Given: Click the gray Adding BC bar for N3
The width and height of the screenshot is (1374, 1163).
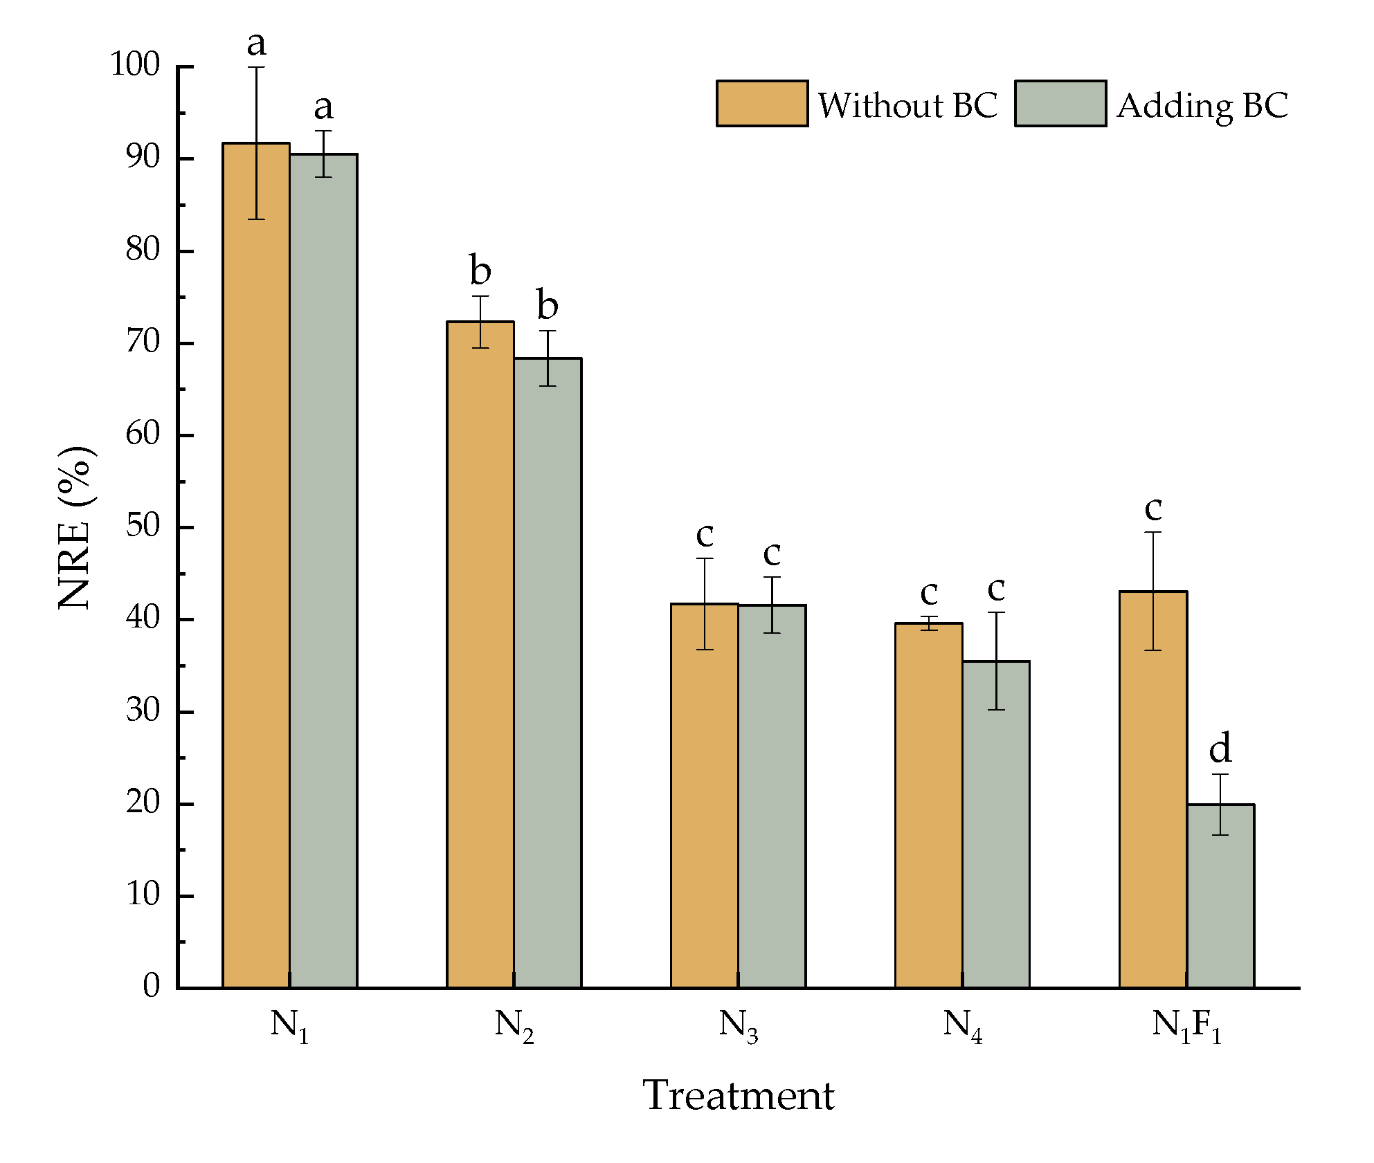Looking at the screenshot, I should (x=772, y=796).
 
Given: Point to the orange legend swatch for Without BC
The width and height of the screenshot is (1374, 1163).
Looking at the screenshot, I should (x=761, y=104).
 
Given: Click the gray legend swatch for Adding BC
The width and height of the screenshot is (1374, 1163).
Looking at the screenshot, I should (x=1060, y=104).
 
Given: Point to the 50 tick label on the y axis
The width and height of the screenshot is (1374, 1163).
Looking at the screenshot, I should (x=143, y=526).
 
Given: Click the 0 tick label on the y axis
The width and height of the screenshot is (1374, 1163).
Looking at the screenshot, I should (x=151, y=985).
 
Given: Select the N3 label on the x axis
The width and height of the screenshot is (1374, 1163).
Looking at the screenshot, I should (x=739, y=1025).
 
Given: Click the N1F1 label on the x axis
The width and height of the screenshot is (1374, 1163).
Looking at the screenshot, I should (x=1186, y=1025).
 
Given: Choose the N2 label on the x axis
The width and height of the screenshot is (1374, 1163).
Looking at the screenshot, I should (x=514, y=1025).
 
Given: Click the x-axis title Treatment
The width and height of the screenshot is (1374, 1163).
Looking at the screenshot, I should (x=739, y=1095).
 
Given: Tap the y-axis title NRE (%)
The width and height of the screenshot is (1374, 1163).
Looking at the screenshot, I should (x=75, y=527).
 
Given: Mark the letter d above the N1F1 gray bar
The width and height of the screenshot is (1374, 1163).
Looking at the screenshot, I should (x=1220, y=749).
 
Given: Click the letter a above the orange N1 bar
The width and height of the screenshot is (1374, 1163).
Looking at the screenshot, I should (x=256, y=44).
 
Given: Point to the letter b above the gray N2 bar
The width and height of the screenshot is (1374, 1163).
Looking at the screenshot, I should (x=548, y=305).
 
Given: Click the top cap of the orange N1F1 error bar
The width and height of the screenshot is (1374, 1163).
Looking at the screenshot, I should (x=1152, y=532).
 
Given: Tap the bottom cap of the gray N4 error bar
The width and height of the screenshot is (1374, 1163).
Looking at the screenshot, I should (x=996, y=710).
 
